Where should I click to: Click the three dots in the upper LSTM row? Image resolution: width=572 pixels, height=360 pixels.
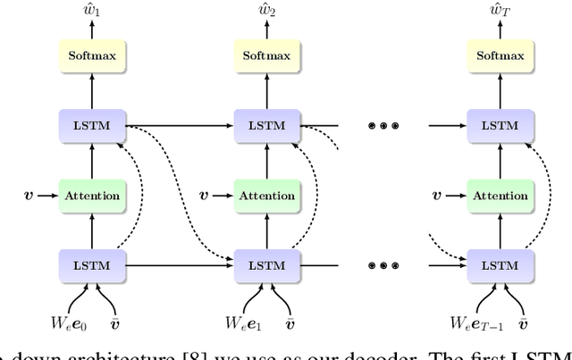click(x=383, y=126)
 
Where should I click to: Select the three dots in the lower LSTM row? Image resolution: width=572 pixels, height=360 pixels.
click(x=383, y=265)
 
